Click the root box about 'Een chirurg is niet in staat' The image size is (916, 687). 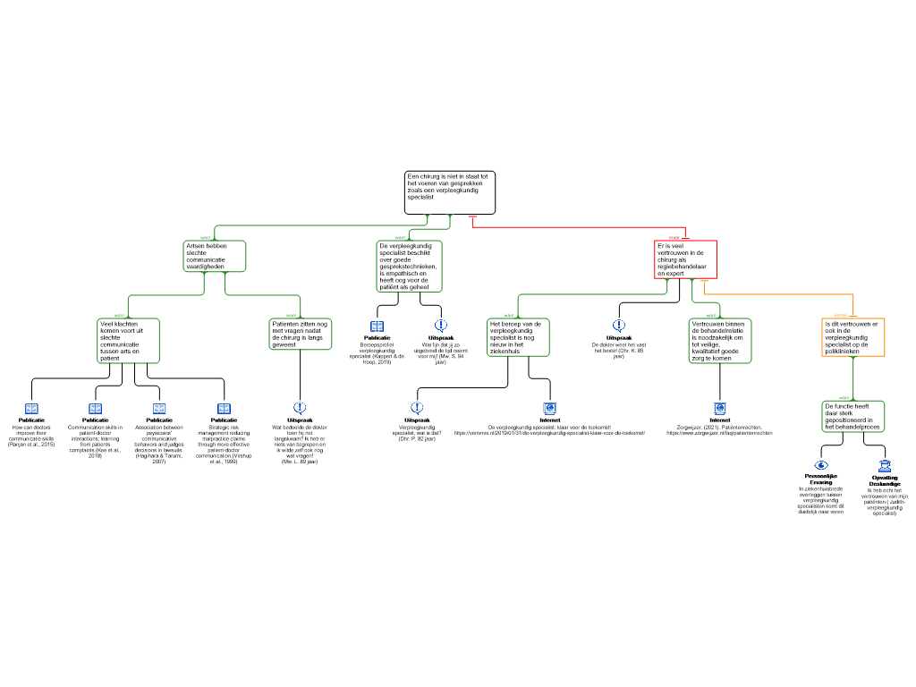(x=449, y=192)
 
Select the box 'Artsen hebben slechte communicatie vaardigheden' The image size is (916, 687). (x=214, y=256)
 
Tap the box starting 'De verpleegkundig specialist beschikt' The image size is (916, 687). (x=409, y=266)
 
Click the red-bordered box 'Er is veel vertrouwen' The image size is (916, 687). (x=685, y=259)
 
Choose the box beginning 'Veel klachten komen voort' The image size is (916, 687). (x=128, y=341)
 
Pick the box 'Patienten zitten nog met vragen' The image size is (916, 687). (x=301, y=334)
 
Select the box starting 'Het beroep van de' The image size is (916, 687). (x=518, y=337)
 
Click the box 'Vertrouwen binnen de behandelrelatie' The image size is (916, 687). (x=720, y=341)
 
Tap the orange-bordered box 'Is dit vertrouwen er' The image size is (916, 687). (x=853, y=337)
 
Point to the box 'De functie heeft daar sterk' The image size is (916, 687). (x=853, y=417)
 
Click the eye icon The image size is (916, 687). (x=821, y=465)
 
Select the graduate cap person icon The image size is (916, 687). (x=885, y=465)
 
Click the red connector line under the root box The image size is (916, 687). (x=581, y=227)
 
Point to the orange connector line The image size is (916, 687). (x=778, y=293)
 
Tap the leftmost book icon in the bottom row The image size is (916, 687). (x=31, y=409)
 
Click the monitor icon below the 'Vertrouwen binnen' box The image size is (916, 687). (x=720, y=409)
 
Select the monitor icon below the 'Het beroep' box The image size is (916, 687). (x=550, y=409)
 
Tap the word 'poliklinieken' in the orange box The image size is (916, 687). (x=842, y=352)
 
